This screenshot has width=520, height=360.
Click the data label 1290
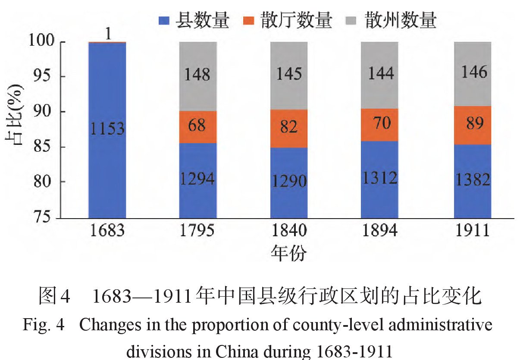point(289,181)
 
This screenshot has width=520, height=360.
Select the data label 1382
point(472,179)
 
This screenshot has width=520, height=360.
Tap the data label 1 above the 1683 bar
point(108,34)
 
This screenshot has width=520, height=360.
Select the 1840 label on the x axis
point(289,231)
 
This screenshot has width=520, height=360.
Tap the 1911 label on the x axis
point(472,231)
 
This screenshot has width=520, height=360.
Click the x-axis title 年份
point(289,253)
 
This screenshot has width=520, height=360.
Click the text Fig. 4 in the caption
point(43,326)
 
